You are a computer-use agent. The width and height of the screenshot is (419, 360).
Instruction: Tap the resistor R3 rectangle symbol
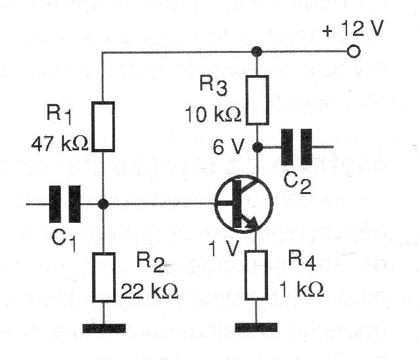pos(258,100)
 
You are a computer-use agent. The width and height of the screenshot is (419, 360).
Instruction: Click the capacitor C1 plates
pos(66,204)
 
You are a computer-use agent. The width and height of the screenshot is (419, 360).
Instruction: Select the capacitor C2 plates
pos(296,146)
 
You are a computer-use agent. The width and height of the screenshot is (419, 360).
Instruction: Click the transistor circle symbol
pos(242,205)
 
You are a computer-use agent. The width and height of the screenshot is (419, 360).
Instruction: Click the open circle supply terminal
pos(354,51)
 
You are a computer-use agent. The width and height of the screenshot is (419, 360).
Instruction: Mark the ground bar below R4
pos(258,325)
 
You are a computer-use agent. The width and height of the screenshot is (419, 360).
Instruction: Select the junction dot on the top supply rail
pos(258,51)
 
